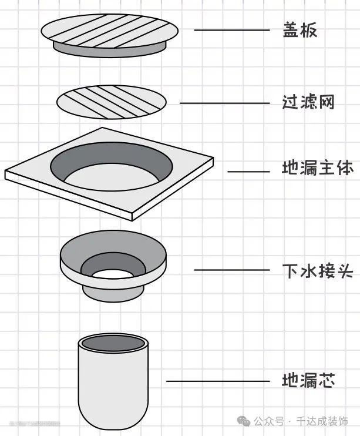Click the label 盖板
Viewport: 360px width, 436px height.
pos(300,31)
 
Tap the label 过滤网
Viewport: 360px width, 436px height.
pos(308,102)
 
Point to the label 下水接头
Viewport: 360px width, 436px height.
pos(317,270)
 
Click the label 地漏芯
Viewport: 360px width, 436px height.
pos(308,381)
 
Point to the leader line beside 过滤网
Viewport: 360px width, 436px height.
pos(221,103)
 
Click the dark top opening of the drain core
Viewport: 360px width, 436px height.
pos(113,343)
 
